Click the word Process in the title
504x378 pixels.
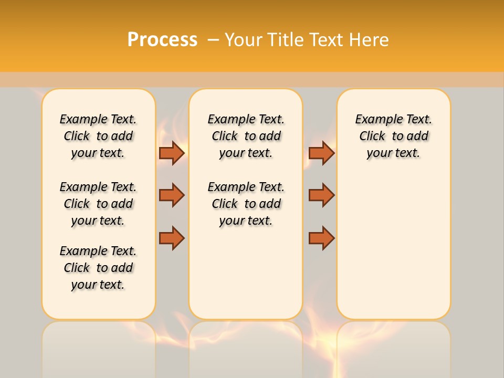pos(162,40)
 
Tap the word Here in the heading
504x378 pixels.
pos(369,40)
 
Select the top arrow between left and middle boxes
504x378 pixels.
pos(172,153)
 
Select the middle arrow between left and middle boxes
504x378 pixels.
pos(172,195)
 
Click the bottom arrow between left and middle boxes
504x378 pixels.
pos(172,238)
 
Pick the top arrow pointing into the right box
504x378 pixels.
pos(321,153)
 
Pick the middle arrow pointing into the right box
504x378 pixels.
pos(321,195)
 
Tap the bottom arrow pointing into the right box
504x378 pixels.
pos(321,238)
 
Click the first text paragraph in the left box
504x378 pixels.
pos(98,136)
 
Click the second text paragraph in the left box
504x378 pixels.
pos(98,204)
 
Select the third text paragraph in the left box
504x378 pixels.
pos(98,268)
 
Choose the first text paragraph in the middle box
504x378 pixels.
pos(246,136)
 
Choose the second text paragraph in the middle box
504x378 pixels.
pos(246,204)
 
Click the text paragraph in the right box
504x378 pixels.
pos(393,136)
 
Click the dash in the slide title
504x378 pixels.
pos(213,40)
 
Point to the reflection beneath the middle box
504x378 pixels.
pos(246,349)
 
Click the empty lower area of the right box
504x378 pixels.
pos(393,247)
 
